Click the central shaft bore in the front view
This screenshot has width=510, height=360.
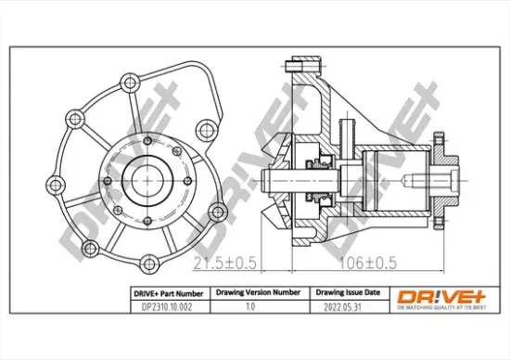(x=150, y=179)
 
